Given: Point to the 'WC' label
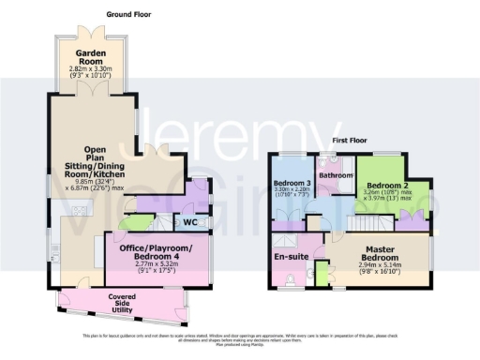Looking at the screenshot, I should tap(190, 222).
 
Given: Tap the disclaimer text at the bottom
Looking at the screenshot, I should tap(239, 338).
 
